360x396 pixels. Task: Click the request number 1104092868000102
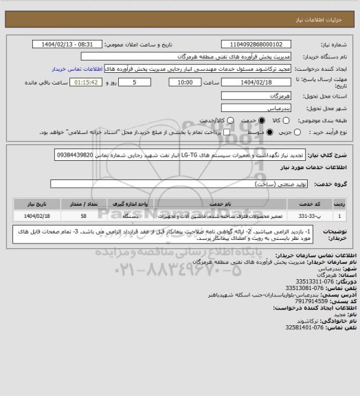click(x=271, y=44)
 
